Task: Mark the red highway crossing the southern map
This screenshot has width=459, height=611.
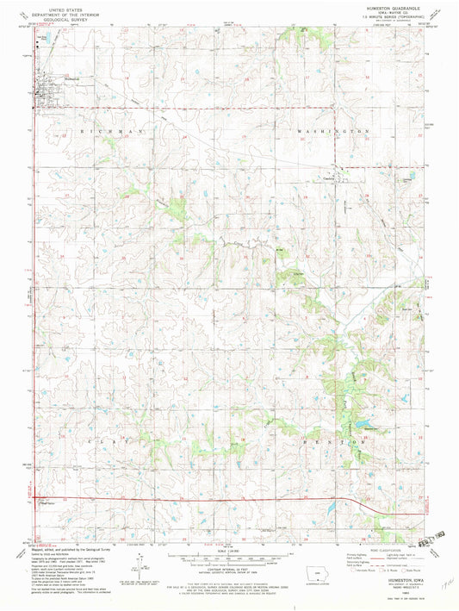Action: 215,500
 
